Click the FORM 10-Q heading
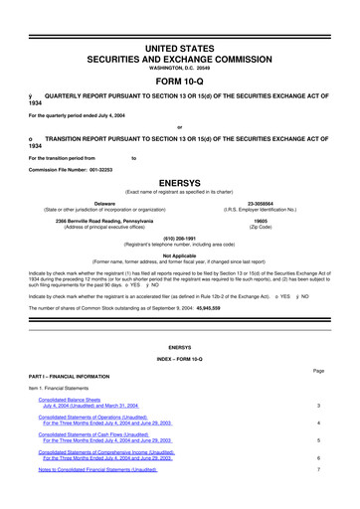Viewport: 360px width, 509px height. pyautogui.click(x=180, y=83)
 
